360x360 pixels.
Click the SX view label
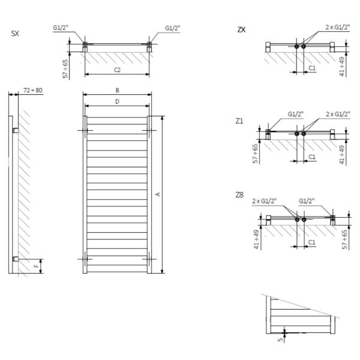[x=15, y=34]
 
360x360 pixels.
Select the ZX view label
[x=241, y=29]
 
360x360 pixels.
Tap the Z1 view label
[x=240, y=121]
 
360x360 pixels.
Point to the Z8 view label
[x=240, y=195]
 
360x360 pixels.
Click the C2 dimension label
[x=118, y=70]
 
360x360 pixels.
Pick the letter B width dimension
[x=118, y=89]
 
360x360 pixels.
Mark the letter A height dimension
[x=157, y=194]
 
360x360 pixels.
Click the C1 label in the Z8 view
[x=312, y=242]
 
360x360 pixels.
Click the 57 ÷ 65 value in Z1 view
[x=257, y=153]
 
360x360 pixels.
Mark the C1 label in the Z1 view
[x=312, y=157]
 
